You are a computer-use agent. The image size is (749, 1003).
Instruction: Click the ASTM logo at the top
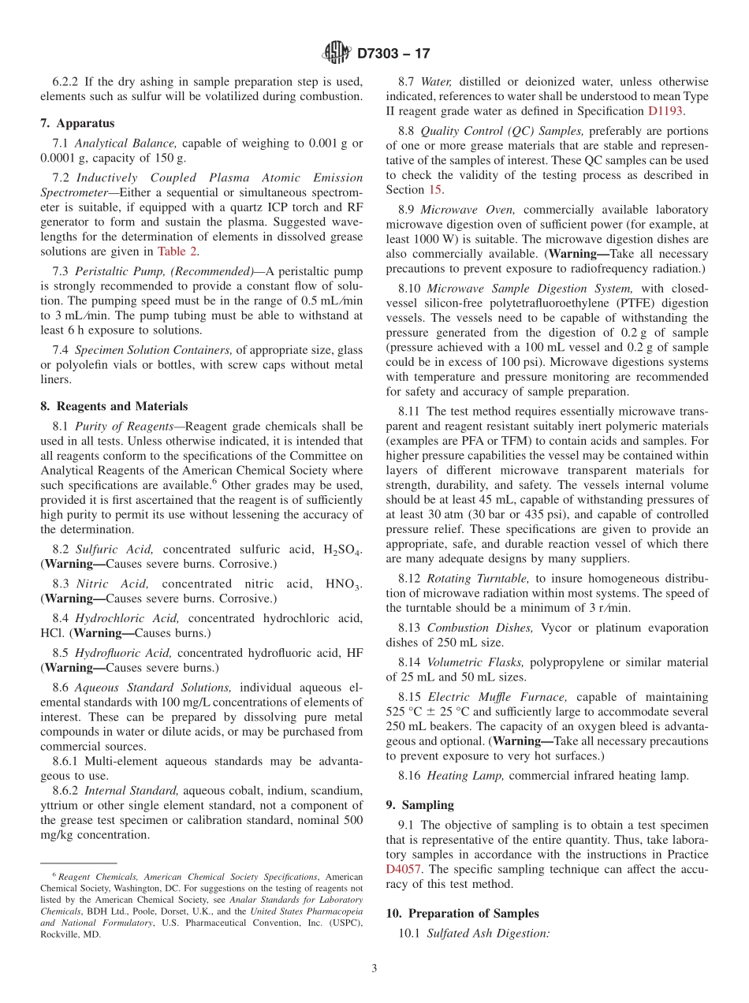tap(337, 53)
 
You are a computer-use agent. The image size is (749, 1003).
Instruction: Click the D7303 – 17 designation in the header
tap(393, 54)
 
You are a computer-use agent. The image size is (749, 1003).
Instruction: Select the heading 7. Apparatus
tap(77, 123)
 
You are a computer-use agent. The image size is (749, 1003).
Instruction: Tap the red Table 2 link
tap(178, 252)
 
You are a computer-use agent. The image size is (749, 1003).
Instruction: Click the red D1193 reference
tap(665, 111)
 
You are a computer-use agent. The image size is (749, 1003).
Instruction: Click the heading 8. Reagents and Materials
tap(114, 406)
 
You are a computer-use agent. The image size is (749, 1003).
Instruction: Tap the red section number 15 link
tap(434, 189)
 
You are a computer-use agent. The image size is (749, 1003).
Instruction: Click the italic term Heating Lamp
tap(465, 775)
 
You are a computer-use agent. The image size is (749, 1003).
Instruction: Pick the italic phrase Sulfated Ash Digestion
tap(487, 933)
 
